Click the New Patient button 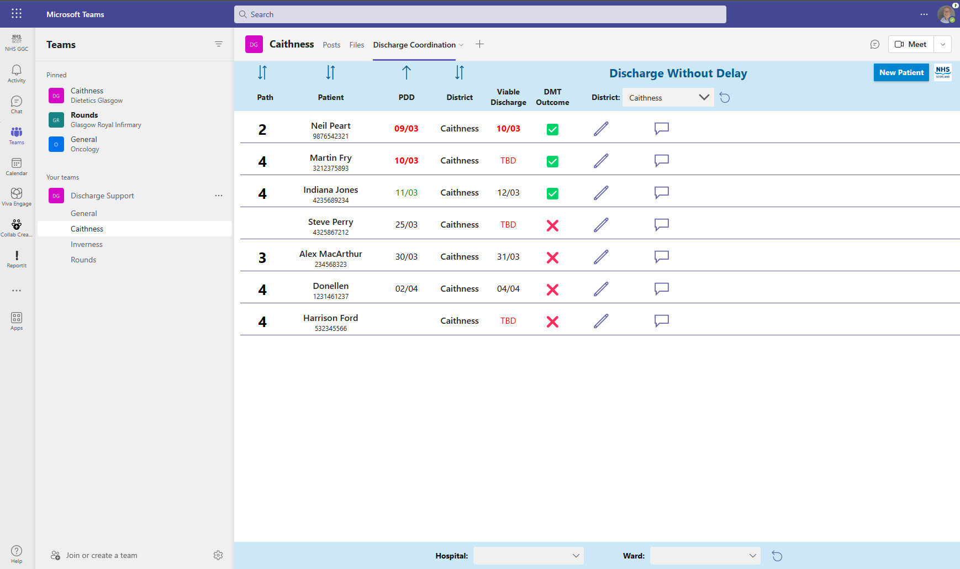coord(901,72)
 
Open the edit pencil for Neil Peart coord(601,129)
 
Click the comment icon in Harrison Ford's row coord(661,321)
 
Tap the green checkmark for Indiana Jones coord(552,193)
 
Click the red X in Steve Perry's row coord(552,225)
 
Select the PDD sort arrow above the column coord(407,72)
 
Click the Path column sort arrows coord(262,72)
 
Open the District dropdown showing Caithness coord(668,98)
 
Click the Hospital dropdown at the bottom coord(528,556)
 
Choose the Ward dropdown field coord(705,556)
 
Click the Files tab coord(356,45)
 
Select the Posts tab coord(331,45)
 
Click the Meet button coord(911,44)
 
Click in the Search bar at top coord(479,14)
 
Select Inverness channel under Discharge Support coord(87,244)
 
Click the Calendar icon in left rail coord(17,166)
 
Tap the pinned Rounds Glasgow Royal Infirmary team coord(105,120)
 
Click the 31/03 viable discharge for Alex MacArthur coord(508,257)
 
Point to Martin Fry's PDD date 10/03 coord(406,161)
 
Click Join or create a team coord(101,555)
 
